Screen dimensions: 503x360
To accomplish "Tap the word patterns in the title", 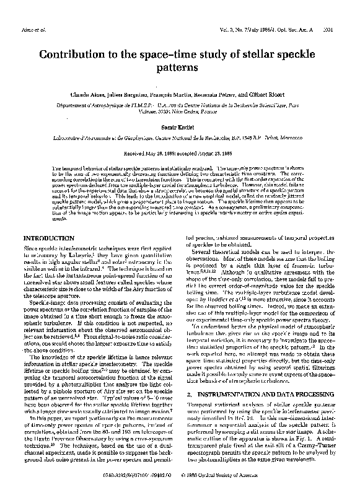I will pyautogui.click(x=180, y=68).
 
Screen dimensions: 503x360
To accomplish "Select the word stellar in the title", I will pyautogui.click(x=252, y=55).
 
